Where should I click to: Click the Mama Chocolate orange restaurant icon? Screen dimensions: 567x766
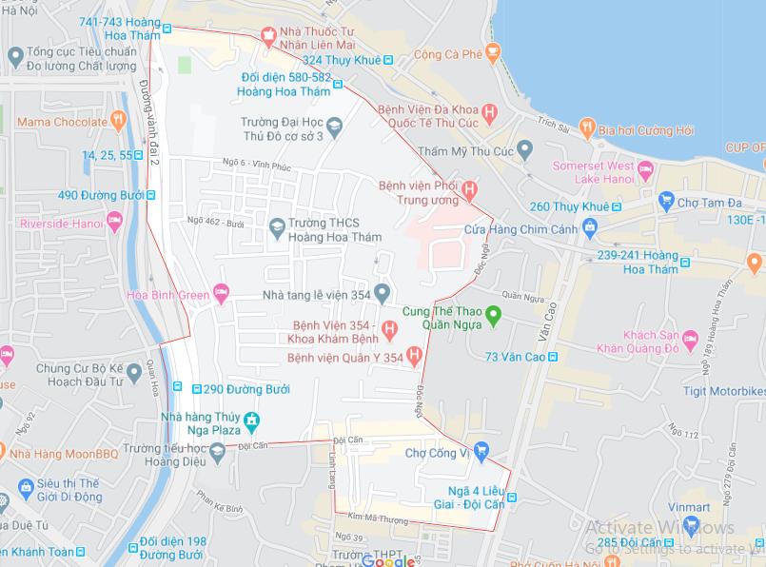coord(118,121)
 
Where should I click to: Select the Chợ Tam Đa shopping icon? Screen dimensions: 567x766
coord(666,202)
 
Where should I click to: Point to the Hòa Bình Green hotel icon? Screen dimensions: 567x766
coord(222,294)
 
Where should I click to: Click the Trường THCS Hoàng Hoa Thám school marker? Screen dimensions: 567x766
coord(277,225)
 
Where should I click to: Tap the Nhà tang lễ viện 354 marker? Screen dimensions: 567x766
coord(382,293)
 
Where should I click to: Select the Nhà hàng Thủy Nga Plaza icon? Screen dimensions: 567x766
coord(251,420)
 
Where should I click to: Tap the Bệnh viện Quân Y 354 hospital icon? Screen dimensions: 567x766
coord(414,357)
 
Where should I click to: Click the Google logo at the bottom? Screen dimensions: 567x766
coord(388,560)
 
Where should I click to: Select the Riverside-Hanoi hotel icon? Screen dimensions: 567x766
coord(114,224)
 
